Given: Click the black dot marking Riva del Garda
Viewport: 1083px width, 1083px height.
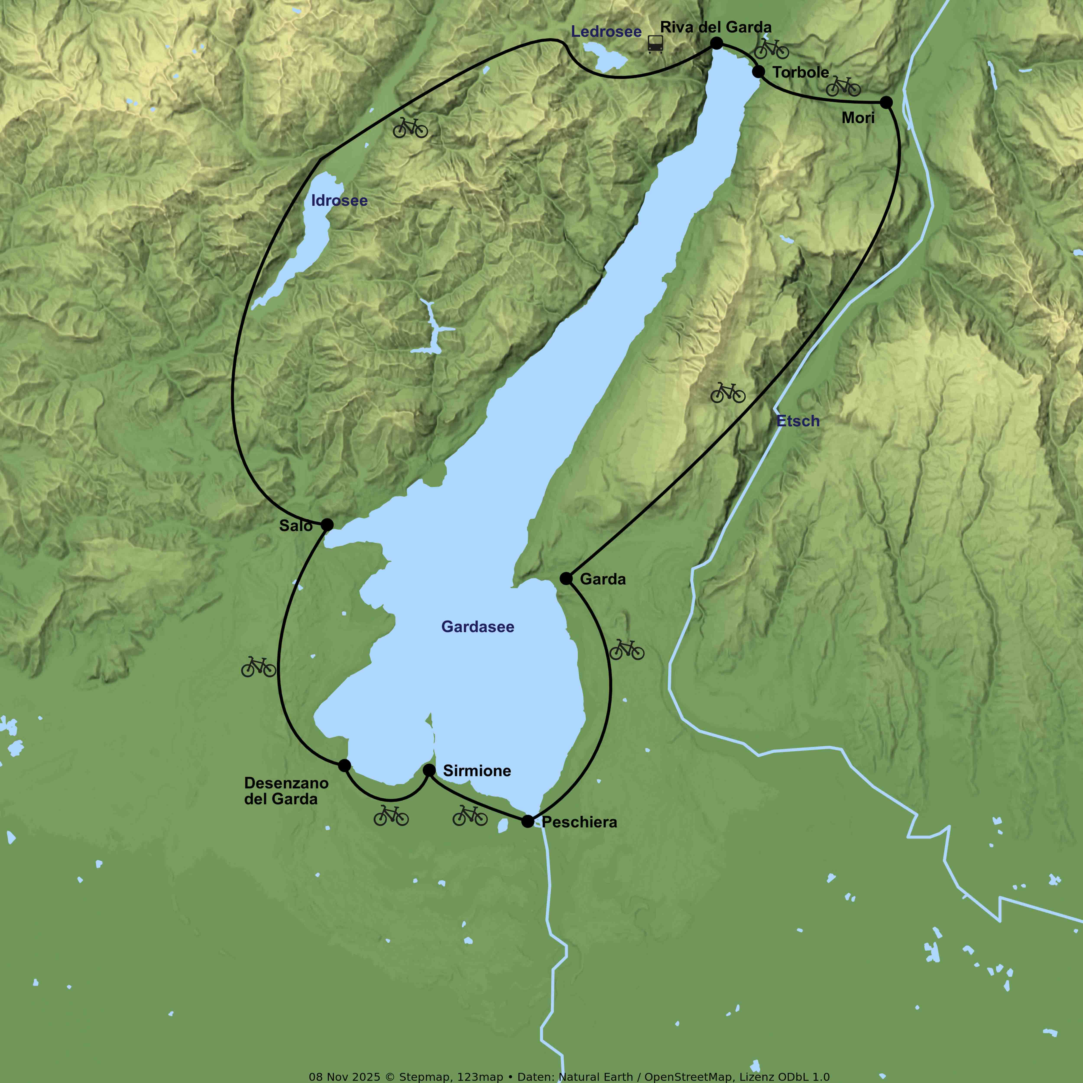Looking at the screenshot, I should pos(716,43).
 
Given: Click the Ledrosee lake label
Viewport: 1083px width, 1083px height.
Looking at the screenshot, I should pos(606,32).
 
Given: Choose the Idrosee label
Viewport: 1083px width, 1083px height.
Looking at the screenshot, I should pos(339,201).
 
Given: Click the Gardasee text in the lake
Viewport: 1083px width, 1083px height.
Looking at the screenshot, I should pos(478,627).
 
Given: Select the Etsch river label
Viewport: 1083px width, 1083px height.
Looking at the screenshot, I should pos(798,421).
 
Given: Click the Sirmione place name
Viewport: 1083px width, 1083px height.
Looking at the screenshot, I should pos(477,771).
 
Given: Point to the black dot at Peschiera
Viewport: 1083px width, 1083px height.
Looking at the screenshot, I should pos(527,821).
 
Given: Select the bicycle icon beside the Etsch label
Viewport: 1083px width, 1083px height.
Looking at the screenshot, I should pos(728,393).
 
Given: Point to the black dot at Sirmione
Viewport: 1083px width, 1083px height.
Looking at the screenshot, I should pos(429,770).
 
